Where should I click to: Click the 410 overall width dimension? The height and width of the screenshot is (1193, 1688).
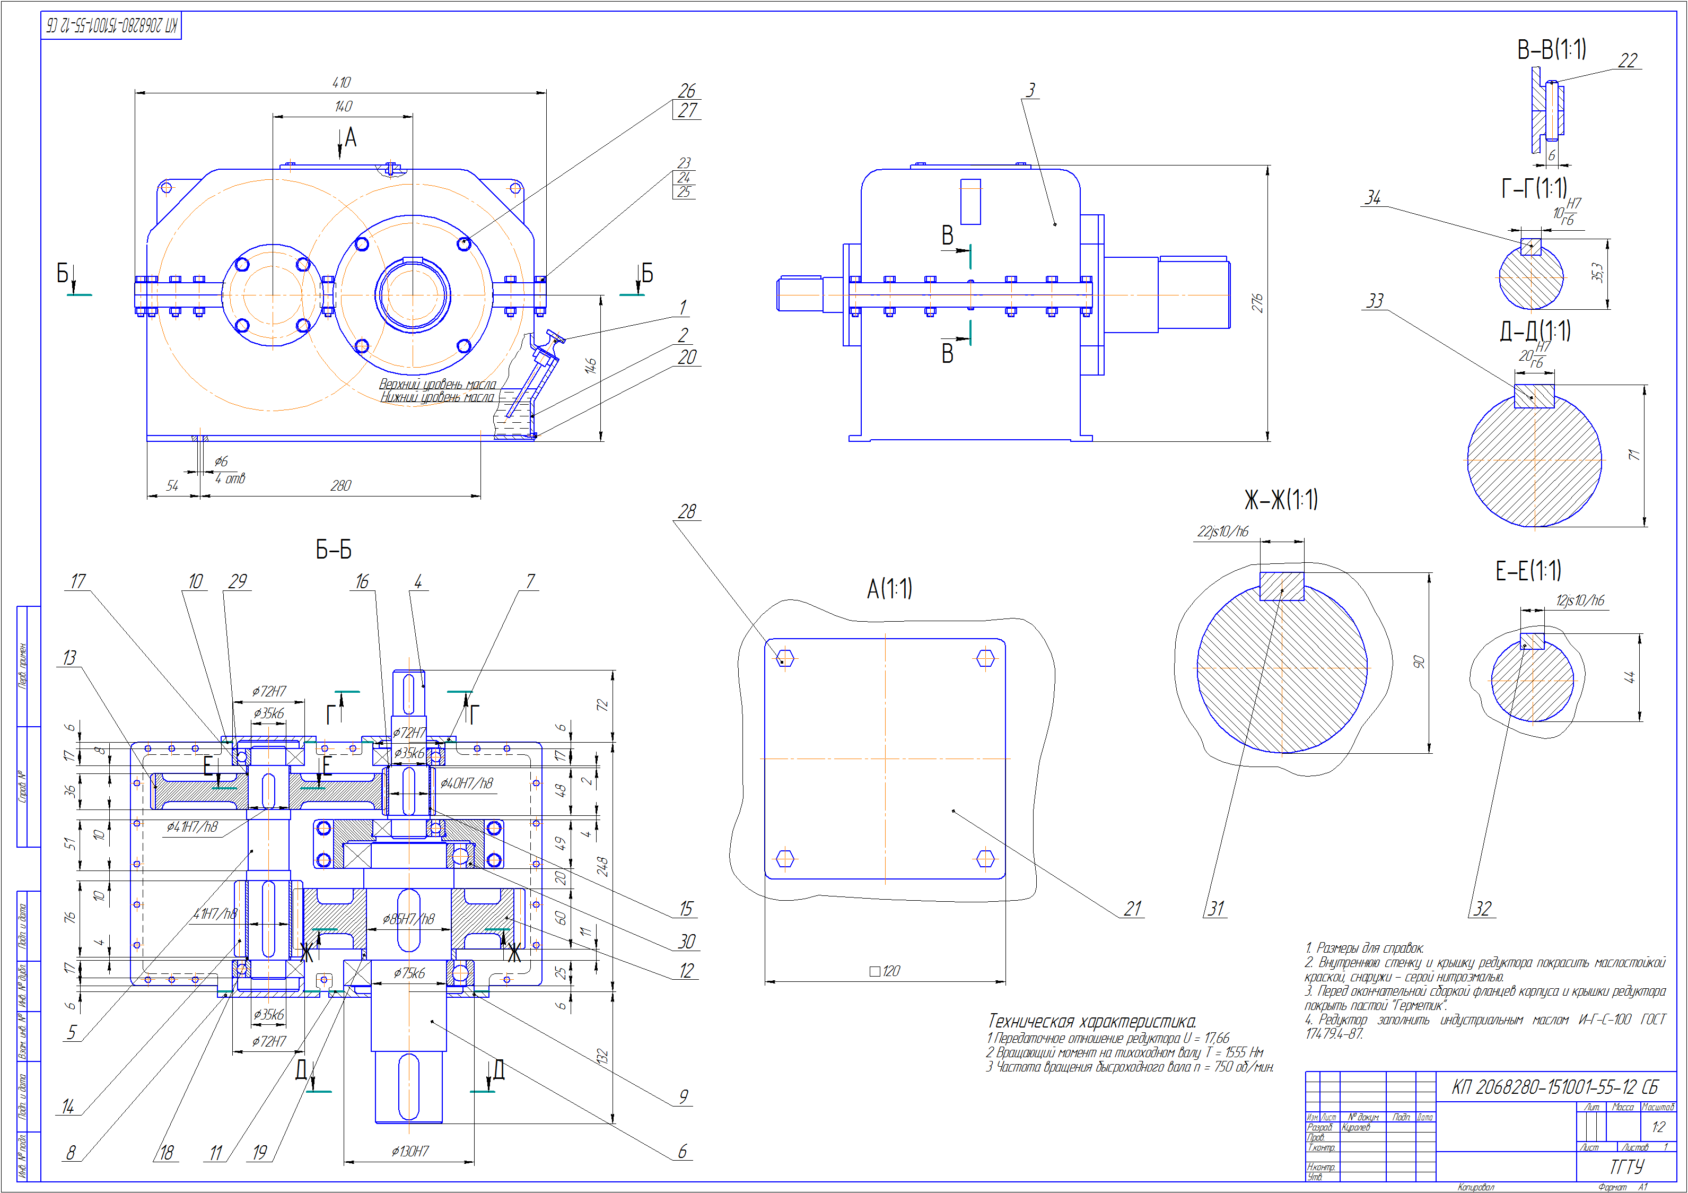click(x=341, y=82)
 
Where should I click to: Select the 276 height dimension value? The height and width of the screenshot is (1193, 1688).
click(x=1257, y=303)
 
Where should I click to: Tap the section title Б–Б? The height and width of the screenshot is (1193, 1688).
click(x=334, y=550)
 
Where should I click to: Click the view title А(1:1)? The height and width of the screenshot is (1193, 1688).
click(x=889, y=588)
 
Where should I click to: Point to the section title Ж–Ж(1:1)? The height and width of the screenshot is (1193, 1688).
click(x=1281, y=500)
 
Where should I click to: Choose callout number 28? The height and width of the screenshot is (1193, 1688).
click(x=687, y=511)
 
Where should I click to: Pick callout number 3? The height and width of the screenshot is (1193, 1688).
click(x=1031, y=90)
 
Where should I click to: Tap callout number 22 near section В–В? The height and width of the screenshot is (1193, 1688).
click(x=1628, y=60)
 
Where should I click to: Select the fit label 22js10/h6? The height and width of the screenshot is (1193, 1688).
click(x=1222, y=531)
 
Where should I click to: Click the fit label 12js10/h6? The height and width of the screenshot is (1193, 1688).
click(x=1579, y=600)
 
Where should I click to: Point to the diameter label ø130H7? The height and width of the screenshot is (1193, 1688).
click(x=409, y=1151)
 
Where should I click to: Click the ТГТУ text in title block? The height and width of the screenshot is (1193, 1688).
click(x=1626, y=1166)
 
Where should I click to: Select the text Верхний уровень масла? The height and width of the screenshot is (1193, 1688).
click(x=438, y=384)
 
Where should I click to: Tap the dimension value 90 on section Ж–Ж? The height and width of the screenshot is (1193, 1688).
click(x=1419, y=662)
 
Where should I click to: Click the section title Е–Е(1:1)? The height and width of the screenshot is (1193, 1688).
click(x=1528, y=571)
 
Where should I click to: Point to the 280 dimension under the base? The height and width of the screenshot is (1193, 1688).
click(x=340, y=485)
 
